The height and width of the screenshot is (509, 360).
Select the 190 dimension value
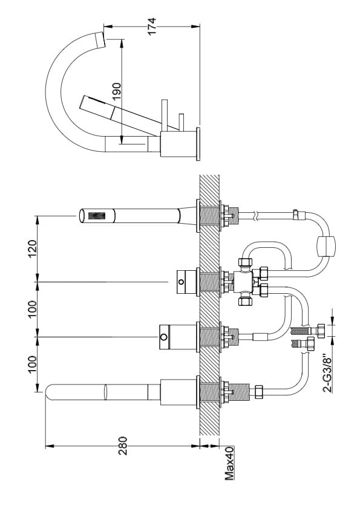pos(117,91)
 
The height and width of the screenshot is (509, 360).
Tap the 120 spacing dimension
pos(33,248)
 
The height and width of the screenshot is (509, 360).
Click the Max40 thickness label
pos(229,463)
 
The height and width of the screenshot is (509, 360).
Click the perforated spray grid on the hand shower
pos(97,216)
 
